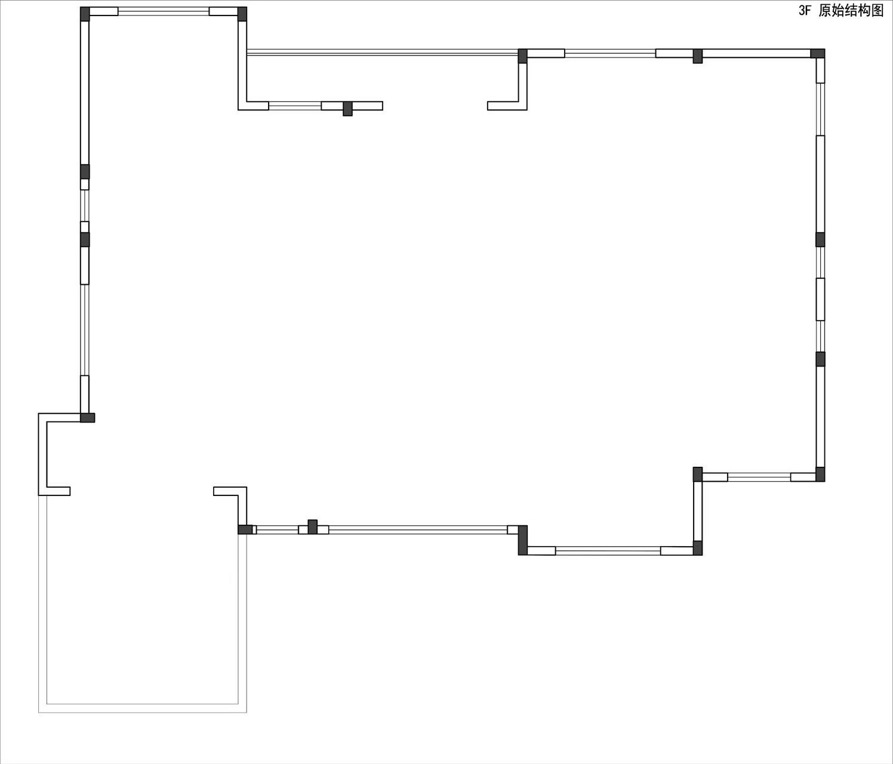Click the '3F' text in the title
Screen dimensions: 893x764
tap(805, 11)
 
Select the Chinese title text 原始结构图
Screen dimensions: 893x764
tap(851, 11)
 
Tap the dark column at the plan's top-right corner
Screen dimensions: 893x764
tap(817, 54)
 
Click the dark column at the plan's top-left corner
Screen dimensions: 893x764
tap(85, 14)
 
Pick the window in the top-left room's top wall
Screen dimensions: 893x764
tap(164, 11)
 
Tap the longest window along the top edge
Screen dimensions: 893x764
tap(383, 53)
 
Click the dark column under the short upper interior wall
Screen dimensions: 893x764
tap(347, 109)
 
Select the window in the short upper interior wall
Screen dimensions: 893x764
tap(295, 106)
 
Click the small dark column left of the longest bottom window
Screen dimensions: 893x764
tap(312, 527)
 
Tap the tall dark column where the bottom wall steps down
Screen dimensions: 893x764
tap(523, 540)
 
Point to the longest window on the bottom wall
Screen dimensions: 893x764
tap(418, 530)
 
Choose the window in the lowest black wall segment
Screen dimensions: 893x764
tap(608, 551)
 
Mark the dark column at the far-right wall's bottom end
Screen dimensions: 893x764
tap(820, 474)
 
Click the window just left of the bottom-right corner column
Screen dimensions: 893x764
tap(759, 478)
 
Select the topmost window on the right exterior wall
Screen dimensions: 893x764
tap(820, 109)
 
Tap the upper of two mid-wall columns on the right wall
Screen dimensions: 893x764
tap(820, 240)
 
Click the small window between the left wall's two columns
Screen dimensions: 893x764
tap(85, 205)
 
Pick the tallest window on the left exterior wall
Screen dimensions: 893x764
tap(85, 330)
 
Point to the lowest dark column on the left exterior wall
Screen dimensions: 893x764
tap(88, 418)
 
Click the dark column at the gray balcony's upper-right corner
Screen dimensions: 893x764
tap(245, 529)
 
